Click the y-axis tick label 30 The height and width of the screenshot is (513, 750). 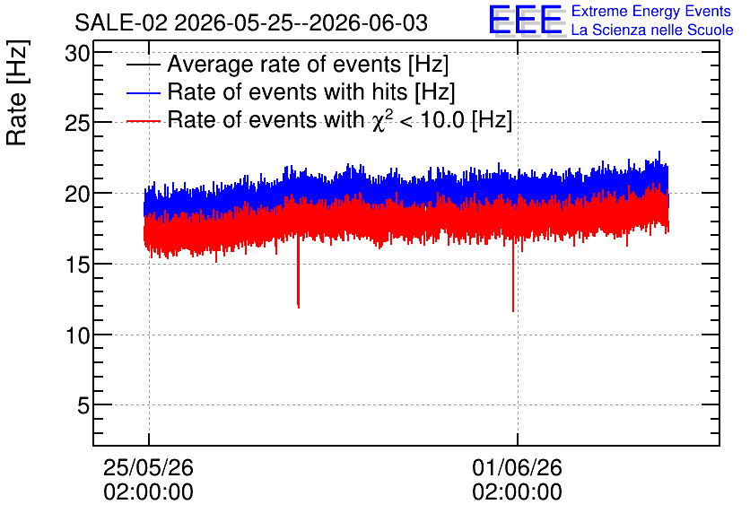77,54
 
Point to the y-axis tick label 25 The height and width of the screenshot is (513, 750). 77,124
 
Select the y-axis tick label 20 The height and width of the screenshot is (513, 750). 77,194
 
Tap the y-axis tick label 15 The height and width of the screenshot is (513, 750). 77,265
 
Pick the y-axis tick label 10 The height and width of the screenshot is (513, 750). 77,335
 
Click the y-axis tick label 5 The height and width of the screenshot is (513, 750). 83,406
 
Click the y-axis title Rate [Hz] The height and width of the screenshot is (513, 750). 17,92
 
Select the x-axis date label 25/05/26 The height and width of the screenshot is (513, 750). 148,467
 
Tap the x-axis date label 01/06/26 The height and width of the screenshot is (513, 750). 517,467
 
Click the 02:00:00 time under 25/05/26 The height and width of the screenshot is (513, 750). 148,492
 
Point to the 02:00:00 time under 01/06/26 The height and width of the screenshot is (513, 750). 517,492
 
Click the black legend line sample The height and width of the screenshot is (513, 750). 144,65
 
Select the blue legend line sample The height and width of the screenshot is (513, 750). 144,92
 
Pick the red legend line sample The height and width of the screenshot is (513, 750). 144,121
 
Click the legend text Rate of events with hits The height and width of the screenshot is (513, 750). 287,91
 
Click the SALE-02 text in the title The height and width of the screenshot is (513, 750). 121,23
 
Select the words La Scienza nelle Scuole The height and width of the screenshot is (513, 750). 652,30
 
